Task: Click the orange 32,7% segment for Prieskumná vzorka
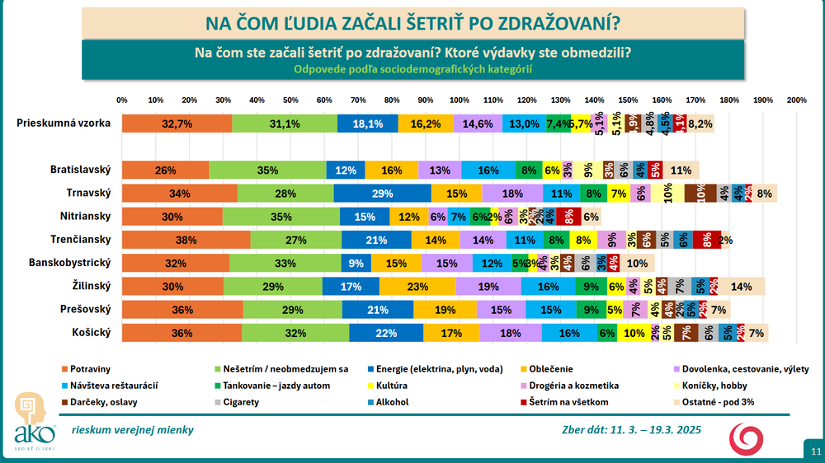pyautogui.click(x=177, y=124)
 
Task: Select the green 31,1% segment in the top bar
pyautogui.click(x=285, y=124)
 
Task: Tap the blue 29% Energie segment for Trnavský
pyautogui.click(x=382, y=194)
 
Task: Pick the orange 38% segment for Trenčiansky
pyautogui.click(x=186, y=241)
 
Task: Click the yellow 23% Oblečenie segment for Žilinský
pyautogui.click(x=417, y=287)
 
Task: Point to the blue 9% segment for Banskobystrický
pyautogui.click(x=356, y=264)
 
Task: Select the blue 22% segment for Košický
pyautogui.click(x=386, y=334)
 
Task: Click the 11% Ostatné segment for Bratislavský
pyautogui.click(x=681, y=171)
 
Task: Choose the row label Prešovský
pyautogui.click(x=87, y=310)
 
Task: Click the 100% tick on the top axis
pyautogui.click(x=459, y=100)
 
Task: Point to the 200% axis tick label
pyautogui.click(x=796, y=100)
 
